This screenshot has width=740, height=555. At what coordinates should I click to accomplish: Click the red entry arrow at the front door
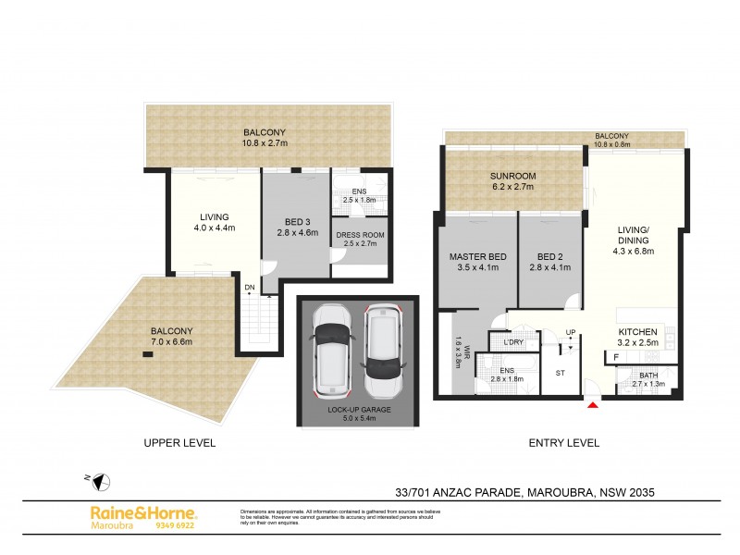click(593, 402)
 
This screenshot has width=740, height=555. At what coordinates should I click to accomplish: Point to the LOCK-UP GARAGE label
click(357, 409)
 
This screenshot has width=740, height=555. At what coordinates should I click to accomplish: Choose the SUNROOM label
click(513, 176)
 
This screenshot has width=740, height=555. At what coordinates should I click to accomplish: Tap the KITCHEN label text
click(637, 331)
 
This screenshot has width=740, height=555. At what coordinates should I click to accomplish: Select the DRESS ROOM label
click(359, 235)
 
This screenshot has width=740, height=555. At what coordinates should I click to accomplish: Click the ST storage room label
click(560, 374)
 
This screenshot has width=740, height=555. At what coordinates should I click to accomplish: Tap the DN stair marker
click(250, 288)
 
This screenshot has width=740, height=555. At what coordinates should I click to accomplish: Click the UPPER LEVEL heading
click(179, 443)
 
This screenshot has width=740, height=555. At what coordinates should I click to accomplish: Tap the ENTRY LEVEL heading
click(563, 443)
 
